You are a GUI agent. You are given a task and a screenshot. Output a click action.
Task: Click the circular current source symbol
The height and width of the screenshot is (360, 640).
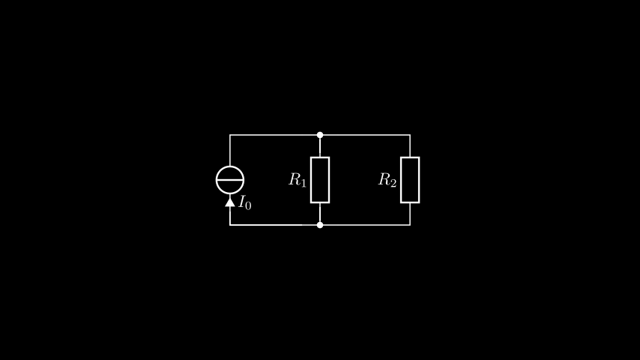(230, 166)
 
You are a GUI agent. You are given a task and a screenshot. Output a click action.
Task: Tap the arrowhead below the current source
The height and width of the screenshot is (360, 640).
(230, 202)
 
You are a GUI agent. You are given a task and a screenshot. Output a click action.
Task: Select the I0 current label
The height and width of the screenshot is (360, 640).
(245, 202)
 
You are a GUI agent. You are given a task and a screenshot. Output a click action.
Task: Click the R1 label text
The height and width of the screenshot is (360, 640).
(297, 180)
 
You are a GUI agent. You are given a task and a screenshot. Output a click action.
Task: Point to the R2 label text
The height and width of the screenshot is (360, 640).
(387, 180)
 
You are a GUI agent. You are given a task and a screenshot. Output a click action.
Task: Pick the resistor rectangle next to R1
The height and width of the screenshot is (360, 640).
(310, 180)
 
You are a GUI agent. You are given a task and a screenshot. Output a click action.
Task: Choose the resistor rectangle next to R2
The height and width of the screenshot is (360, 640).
(401, 180)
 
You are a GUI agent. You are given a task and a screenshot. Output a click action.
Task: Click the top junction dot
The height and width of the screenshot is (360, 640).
(320, 135)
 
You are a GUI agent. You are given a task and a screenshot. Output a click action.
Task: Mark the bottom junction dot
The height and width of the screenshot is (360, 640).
(320, 225)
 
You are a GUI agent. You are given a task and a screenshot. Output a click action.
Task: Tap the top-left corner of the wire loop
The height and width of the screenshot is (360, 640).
(230, 135)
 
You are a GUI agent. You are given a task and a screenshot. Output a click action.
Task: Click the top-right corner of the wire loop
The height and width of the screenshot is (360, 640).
(410, 135)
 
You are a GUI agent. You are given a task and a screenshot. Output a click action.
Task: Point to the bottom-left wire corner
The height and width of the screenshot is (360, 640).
(230, 225)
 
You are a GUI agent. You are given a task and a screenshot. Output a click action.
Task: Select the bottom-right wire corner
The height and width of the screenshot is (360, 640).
(410, 225)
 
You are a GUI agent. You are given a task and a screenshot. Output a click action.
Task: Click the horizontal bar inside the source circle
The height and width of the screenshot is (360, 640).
(230, 180)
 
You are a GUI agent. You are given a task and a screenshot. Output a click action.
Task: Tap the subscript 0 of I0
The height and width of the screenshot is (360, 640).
(248, 205)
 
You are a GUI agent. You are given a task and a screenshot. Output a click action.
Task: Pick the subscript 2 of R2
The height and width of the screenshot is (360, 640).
(393, 183)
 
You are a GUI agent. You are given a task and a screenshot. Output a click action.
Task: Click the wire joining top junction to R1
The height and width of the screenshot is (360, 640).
(320, 147)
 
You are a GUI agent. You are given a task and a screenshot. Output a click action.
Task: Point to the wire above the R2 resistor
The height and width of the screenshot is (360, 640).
(410, 146)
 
